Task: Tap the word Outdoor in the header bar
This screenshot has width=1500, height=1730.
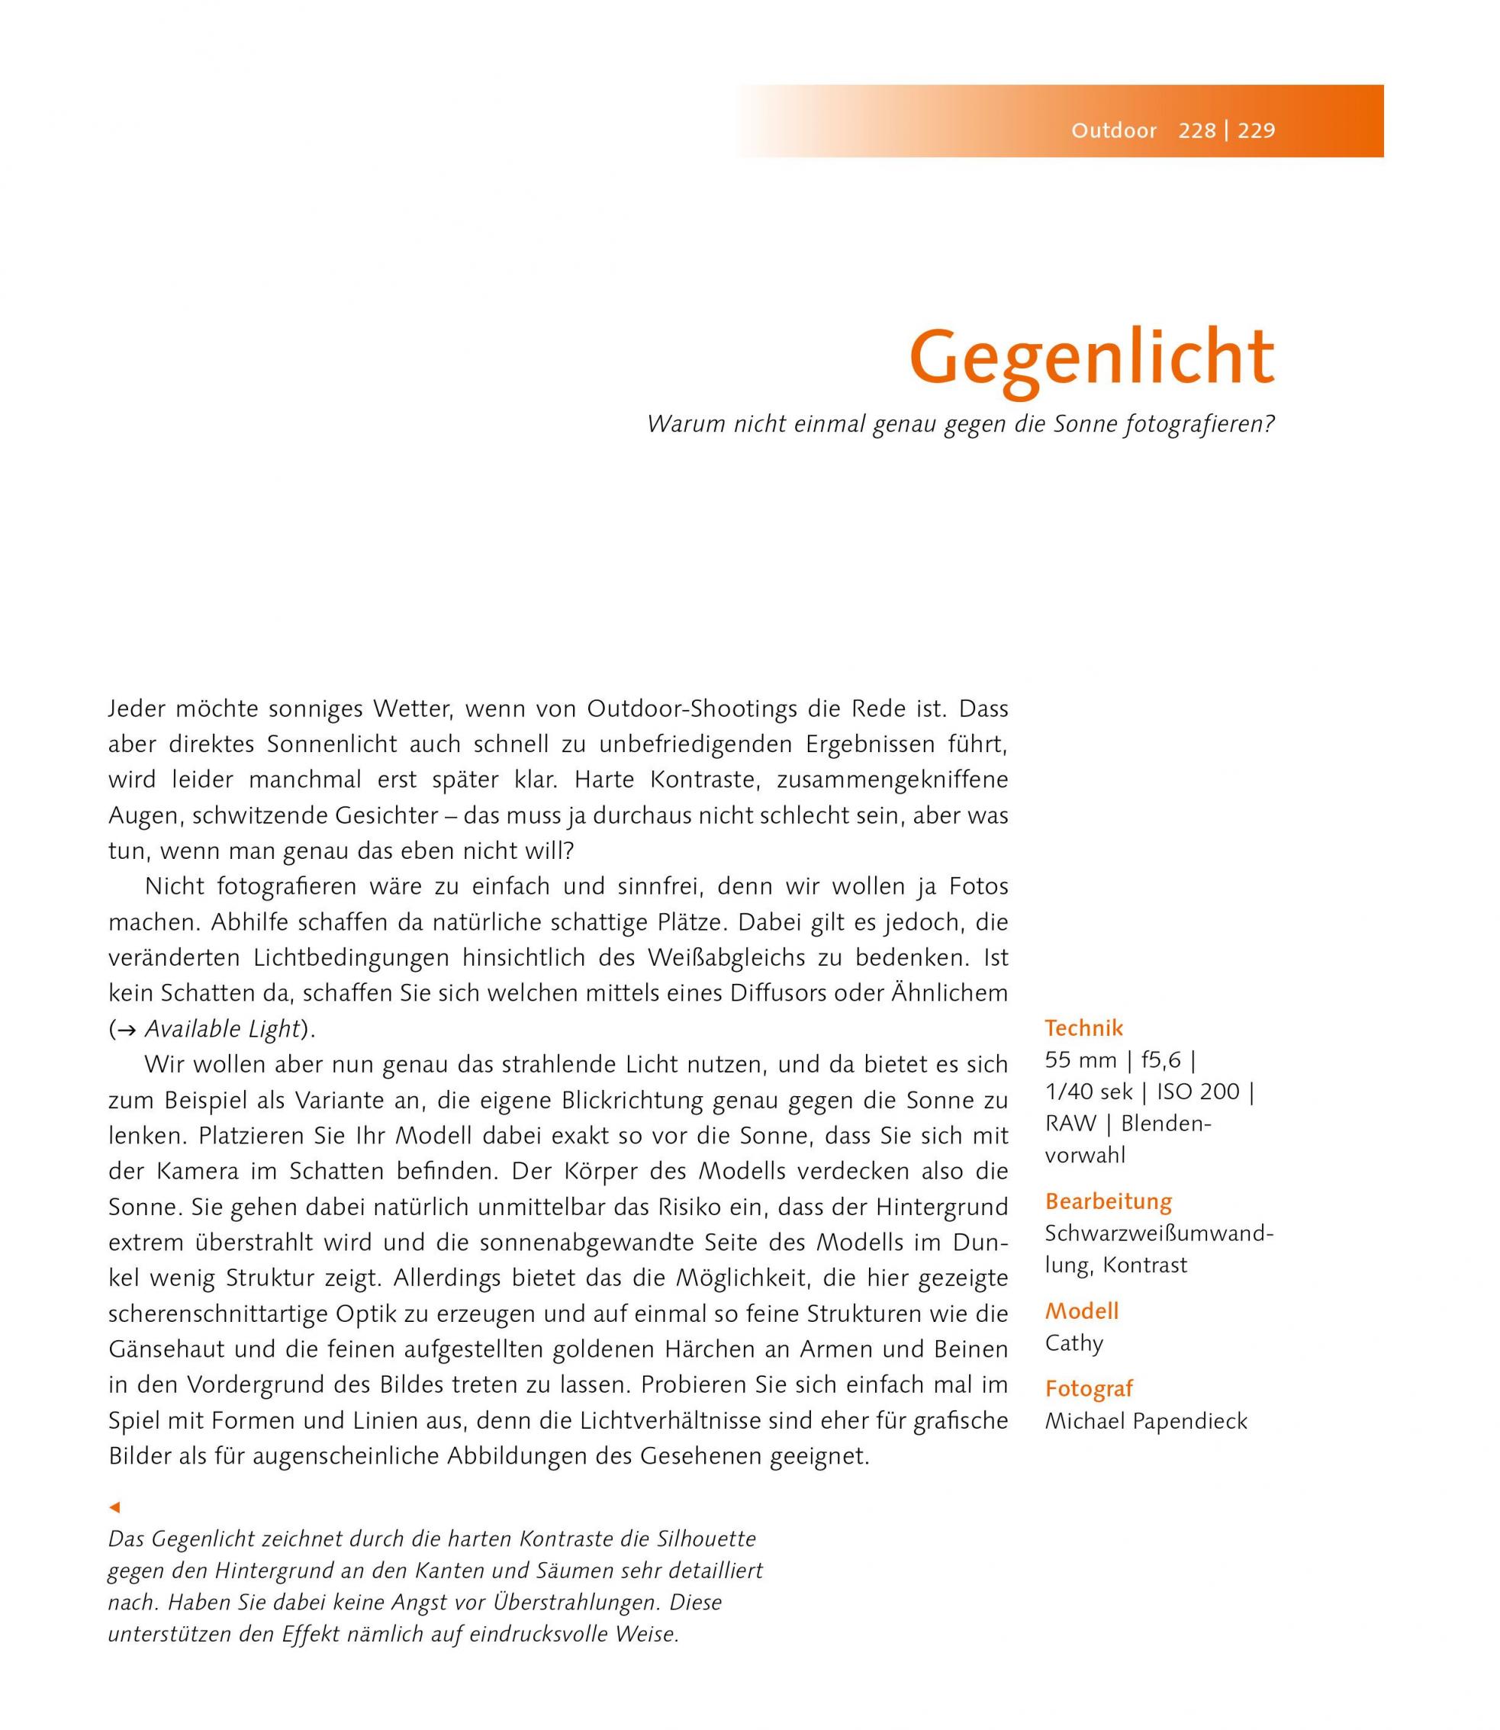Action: [x=1113, y=130]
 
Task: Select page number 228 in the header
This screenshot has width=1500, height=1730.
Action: [x=1197, y=130]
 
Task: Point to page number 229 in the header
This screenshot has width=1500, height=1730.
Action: [x=1257, y=130]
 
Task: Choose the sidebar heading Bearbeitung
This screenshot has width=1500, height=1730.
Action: [x=1109, y=1201]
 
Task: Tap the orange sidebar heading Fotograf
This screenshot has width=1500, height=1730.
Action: [x=1088, y=1388]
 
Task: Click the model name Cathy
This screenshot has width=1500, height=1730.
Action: [x=1074, y=1343]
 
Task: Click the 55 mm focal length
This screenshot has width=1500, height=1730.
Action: [x=1080, y=1060]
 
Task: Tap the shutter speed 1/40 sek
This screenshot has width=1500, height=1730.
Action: [x=1088, y=1092]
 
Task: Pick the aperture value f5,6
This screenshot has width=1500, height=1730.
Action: [x=1160, y=1060]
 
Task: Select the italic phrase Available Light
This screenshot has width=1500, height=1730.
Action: [x=222, y=1029]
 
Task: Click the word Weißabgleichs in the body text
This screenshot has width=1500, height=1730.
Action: [x=793, y=957]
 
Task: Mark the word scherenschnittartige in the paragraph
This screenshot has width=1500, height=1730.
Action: [x=217, y=1314]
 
